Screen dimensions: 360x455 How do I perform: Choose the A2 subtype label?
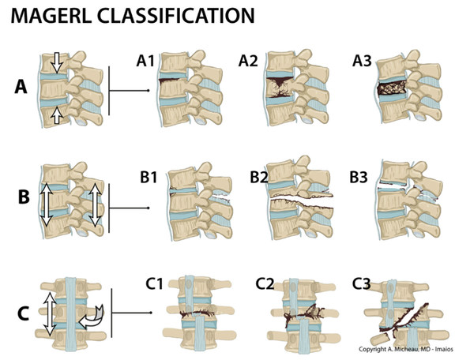point(249,59)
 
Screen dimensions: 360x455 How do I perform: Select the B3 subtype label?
point(359,177)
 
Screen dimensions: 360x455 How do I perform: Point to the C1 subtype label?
point(156,283)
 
